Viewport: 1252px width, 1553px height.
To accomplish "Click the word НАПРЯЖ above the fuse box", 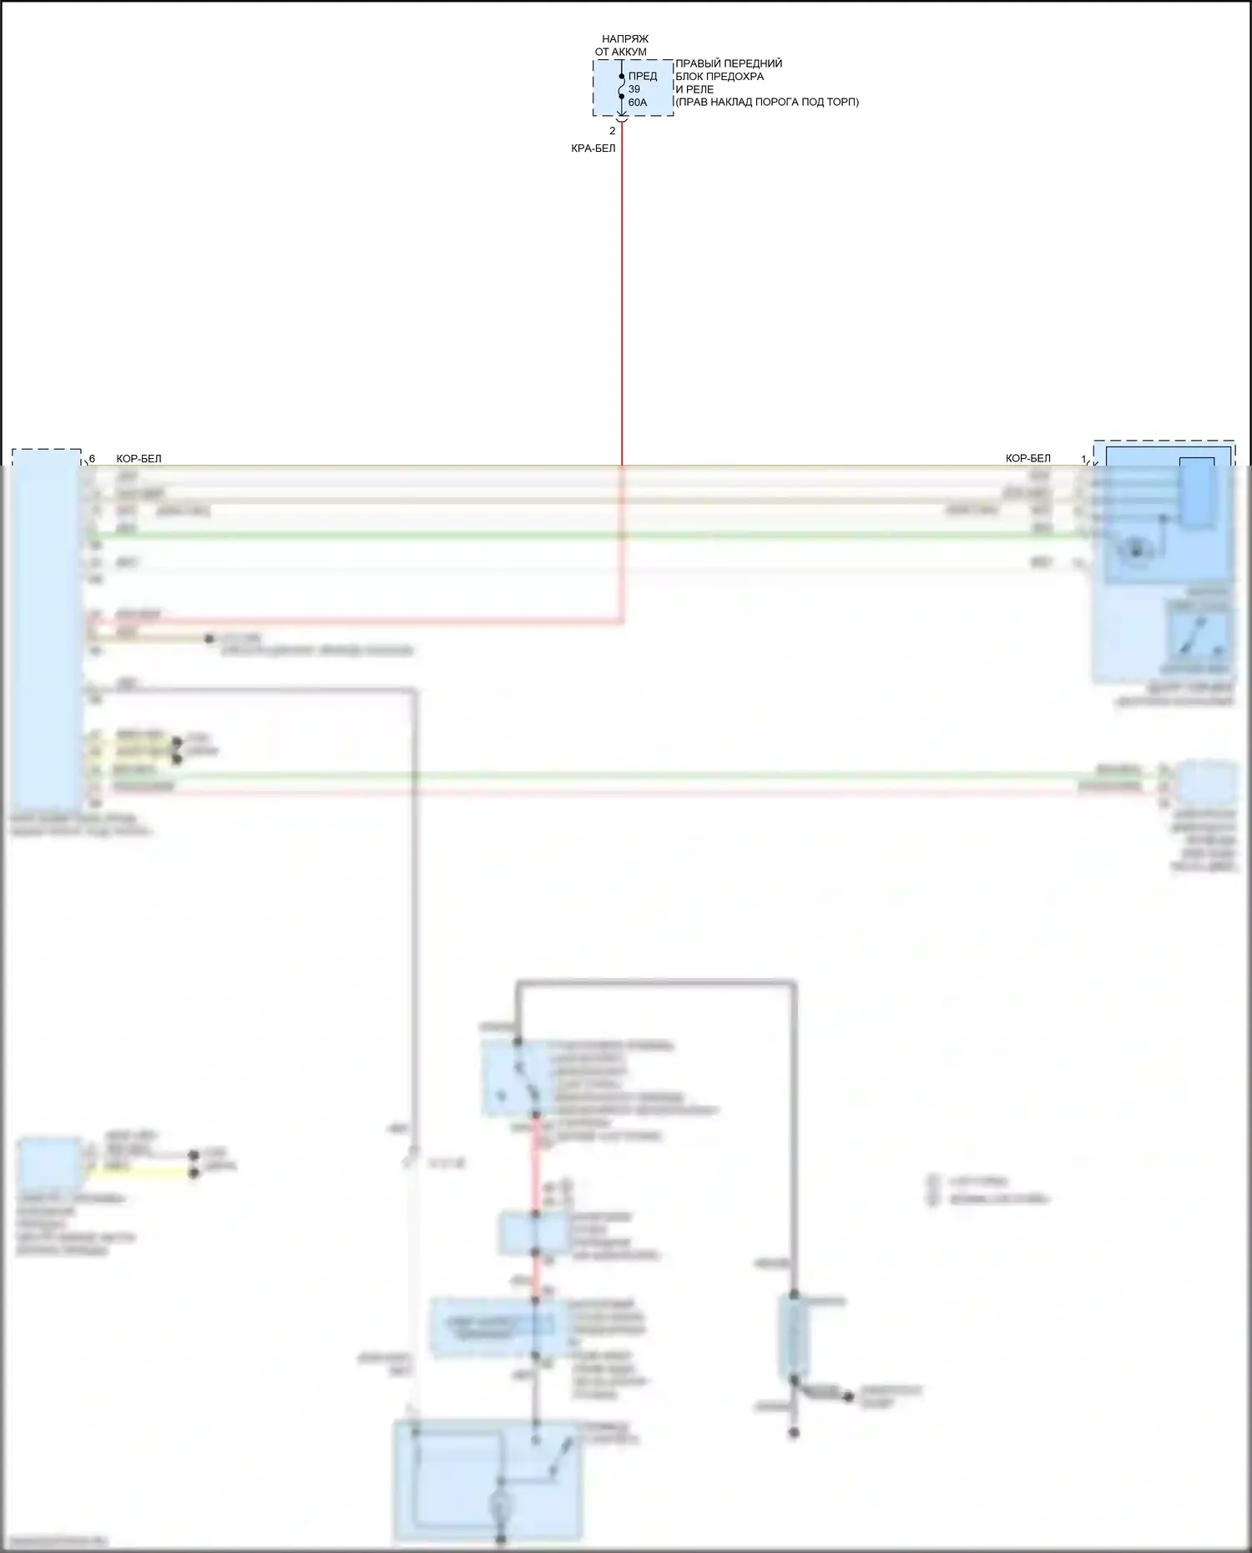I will [625, 39].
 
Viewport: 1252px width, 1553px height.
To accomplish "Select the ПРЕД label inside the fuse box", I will [643, 76].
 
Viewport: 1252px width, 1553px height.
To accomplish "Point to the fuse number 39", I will [634, 89].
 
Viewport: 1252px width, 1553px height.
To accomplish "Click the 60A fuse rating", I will [638, 103].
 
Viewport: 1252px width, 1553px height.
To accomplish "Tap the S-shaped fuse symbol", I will [622, 87].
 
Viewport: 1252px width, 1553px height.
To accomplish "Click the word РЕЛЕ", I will [700, 89].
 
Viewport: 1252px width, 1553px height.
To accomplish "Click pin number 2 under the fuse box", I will [613, 131].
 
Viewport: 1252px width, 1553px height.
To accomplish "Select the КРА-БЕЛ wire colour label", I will [593, 149].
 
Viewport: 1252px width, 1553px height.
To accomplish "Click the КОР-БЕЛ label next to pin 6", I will [139, 459].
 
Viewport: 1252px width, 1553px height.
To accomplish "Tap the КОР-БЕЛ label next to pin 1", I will [1028, 458].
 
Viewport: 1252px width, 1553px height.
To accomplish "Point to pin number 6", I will [92, 459].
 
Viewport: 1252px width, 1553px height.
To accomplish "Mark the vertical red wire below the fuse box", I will [622, 292].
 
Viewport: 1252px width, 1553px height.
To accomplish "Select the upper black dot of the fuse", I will [622, 76].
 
